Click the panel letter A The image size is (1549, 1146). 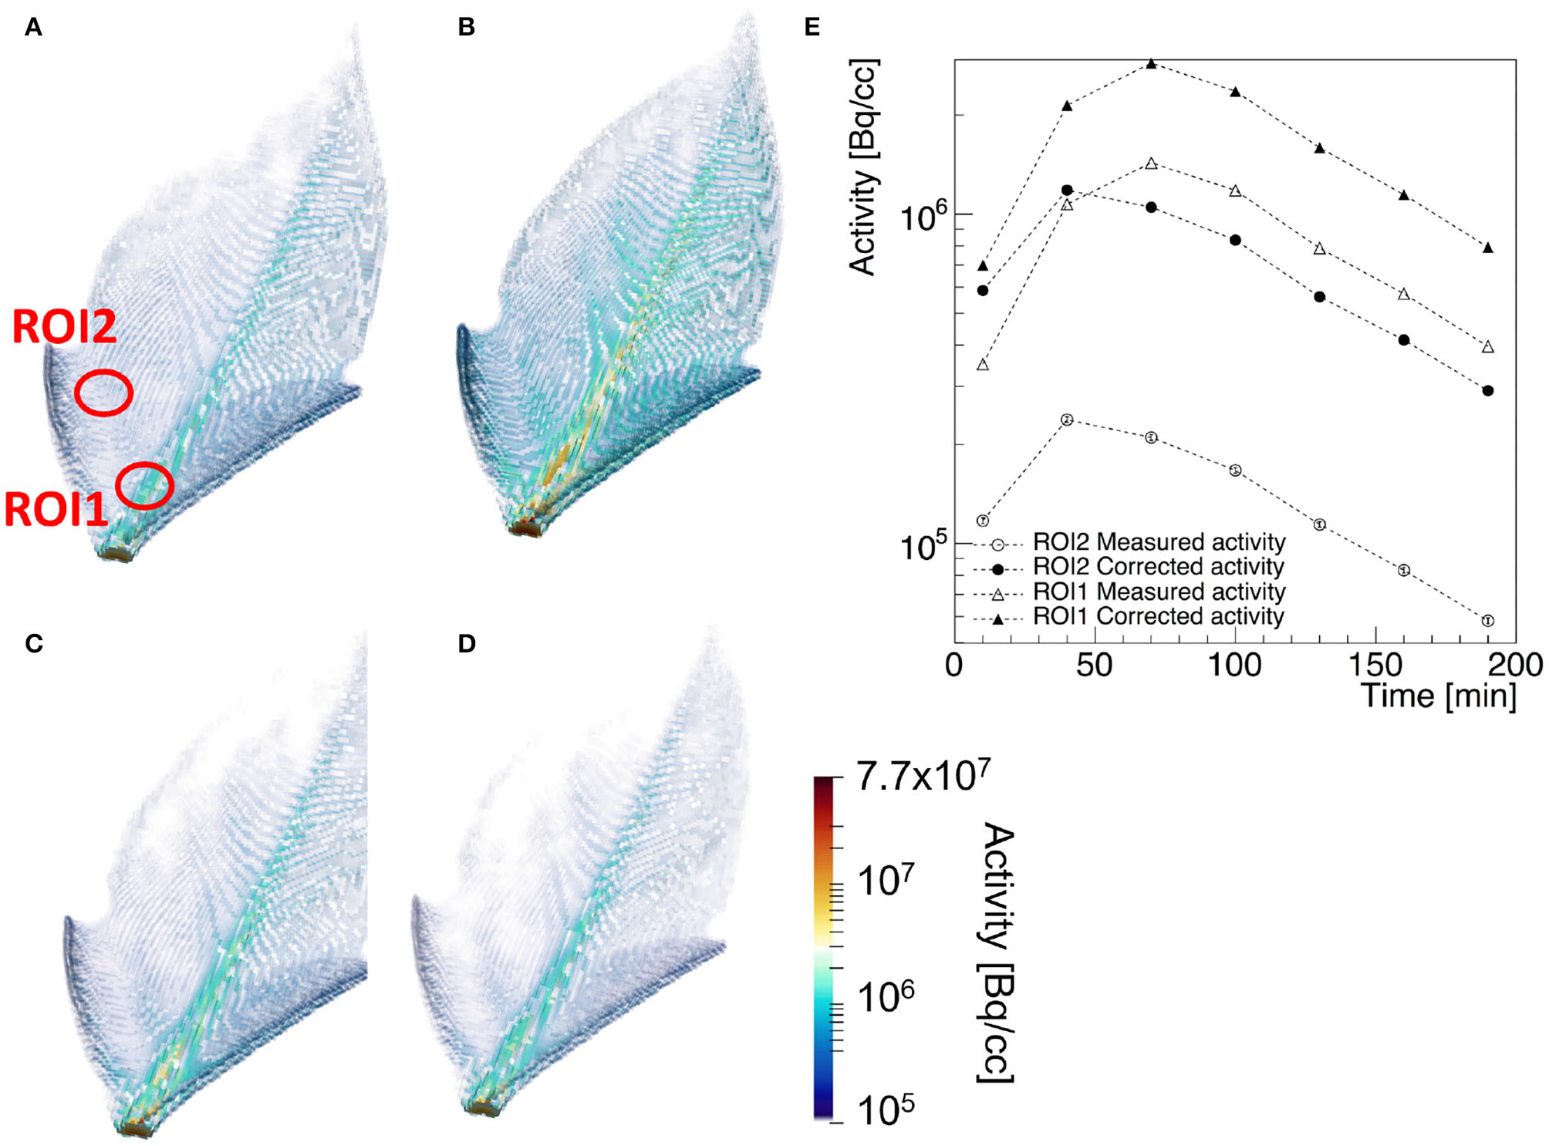tap(33, 28)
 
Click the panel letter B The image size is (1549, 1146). tap(466, 28)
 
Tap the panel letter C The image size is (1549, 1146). tap(34, 643)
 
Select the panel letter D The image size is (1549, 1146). tap(466, 643)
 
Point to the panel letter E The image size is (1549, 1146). tap(812, 28)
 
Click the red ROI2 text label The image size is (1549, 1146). tap(64, 326)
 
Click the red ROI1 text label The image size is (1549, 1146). tap(56, 510)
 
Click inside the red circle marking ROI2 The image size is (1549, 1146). tap(103, 393)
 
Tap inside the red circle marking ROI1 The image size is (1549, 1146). tap(144, 486)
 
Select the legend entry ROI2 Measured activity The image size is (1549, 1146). tap(1157, 542)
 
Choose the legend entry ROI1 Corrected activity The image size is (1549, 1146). tap(1157, 616)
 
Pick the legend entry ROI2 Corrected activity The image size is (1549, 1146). tap(1157, 567)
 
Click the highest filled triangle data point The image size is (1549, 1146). tap(1151, 64)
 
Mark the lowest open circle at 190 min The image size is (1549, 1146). tap(1487, 620)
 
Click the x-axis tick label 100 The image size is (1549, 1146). tap(1234, 665)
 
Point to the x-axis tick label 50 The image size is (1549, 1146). tap(1094, 665)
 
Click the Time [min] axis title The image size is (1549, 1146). tap(1438, 696)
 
